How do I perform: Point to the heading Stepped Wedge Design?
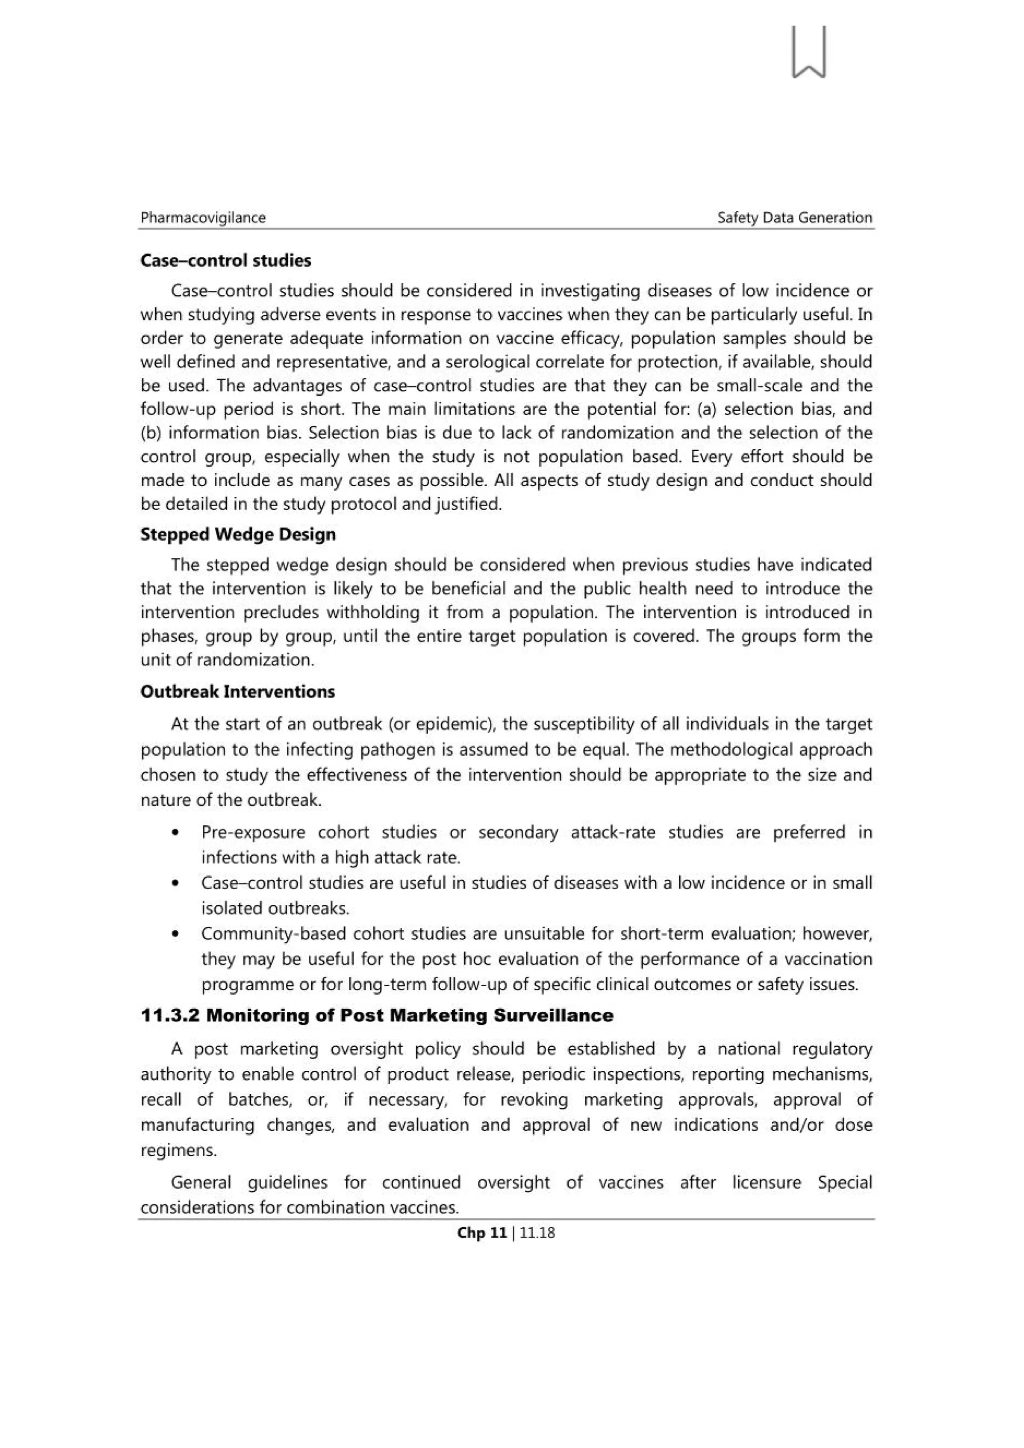pyautogui.click(x=238, y=534)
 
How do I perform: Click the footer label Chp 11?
pyautogui.click(x=481, y=1233)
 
